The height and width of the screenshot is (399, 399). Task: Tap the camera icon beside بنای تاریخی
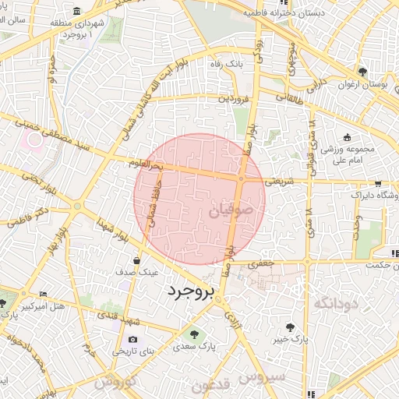(x=132, y=340)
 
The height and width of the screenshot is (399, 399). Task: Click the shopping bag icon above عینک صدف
(x=137, y=261)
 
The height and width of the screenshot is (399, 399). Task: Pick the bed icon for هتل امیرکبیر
(x=43, y=294)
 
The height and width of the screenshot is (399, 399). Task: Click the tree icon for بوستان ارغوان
(x=361, y=71)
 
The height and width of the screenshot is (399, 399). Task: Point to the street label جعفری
(x=262, y=265)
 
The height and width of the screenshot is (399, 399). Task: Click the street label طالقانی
(x=288, y=98)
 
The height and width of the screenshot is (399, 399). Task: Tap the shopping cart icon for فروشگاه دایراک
(x=378, y=185)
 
